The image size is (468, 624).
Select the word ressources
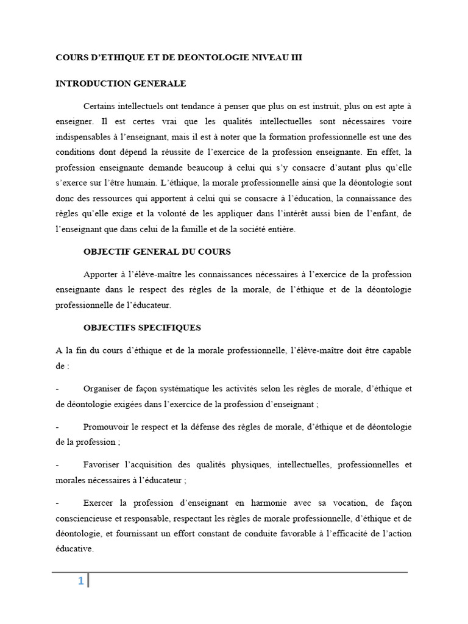pyautogui.click(x=114, y=198)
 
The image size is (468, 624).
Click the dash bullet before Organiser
pyautogui.click(x=57, y=389)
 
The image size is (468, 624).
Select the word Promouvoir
pyautogui.click(x=107, y=427)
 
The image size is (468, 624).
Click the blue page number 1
pyautogui.click(x=80, y=581)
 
